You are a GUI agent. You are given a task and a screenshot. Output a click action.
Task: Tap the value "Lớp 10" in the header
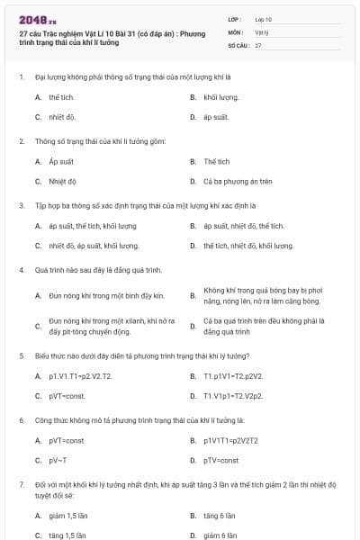[264, 18]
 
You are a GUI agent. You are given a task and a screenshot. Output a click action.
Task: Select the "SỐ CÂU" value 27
[258, 44]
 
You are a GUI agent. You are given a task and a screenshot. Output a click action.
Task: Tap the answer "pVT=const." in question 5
[67, 396]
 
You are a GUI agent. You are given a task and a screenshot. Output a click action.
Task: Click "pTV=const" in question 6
[221, 461]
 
